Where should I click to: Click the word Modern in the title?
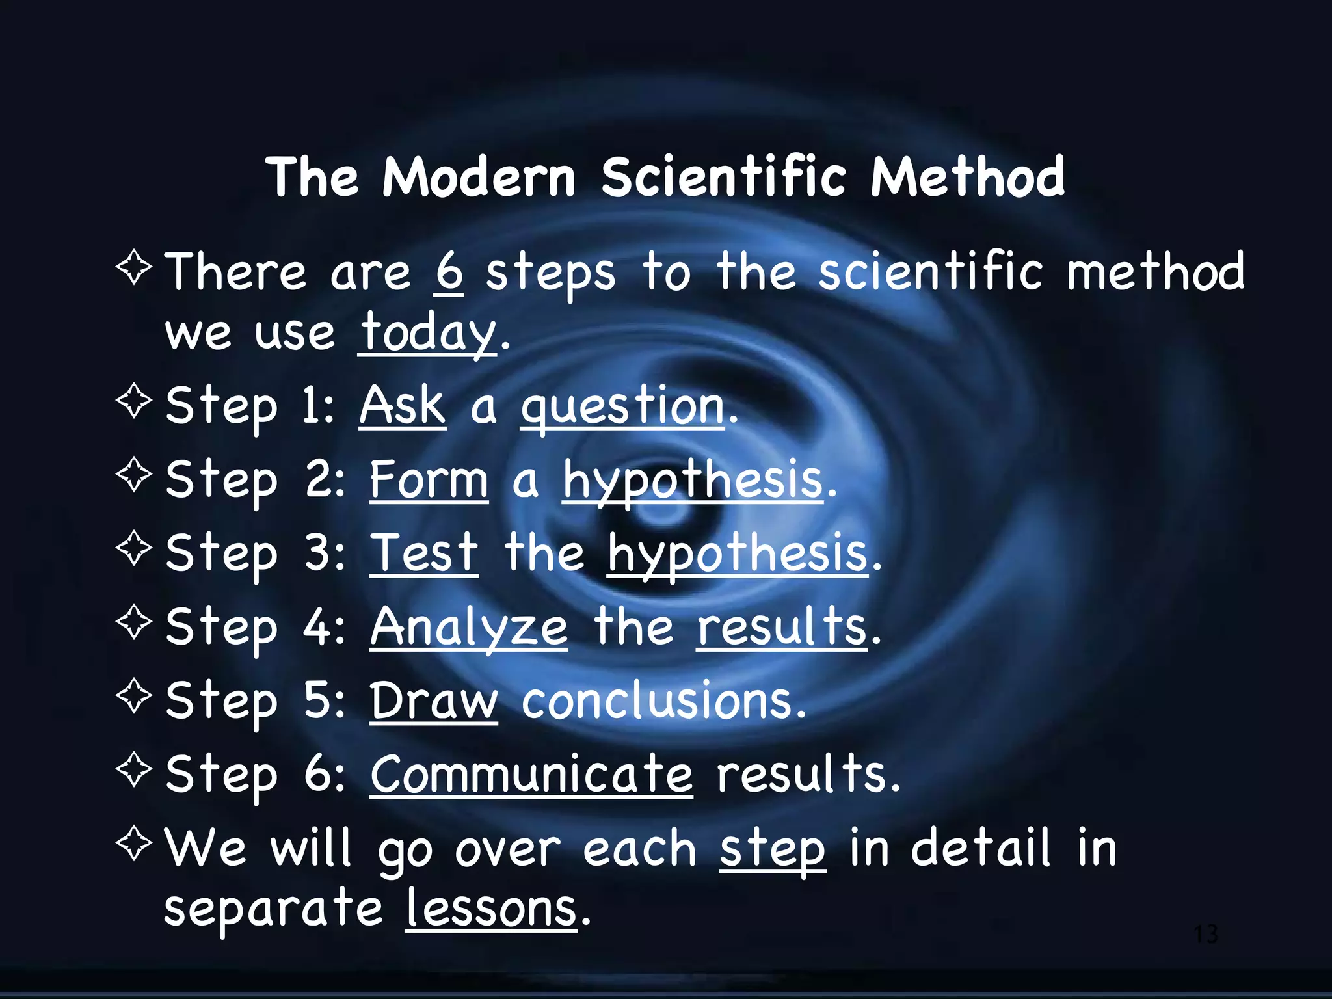click(479, 177)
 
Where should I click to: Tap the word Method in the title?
click(968, 177)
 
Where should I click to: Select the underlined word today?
click(428, 332)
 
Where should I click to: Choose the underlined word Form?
click(429, 479)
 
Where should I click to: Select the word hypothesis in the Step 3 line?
click(738, 555)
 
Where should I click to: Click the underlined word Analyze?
click(469, 628)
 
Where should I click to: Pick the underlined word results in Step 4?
click(782, 627)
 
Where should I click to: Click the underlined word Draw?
click(434, 700)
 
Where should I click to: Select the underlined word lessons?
click(491, 909)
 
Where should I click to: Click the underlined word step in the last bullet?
click(773, 850)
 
